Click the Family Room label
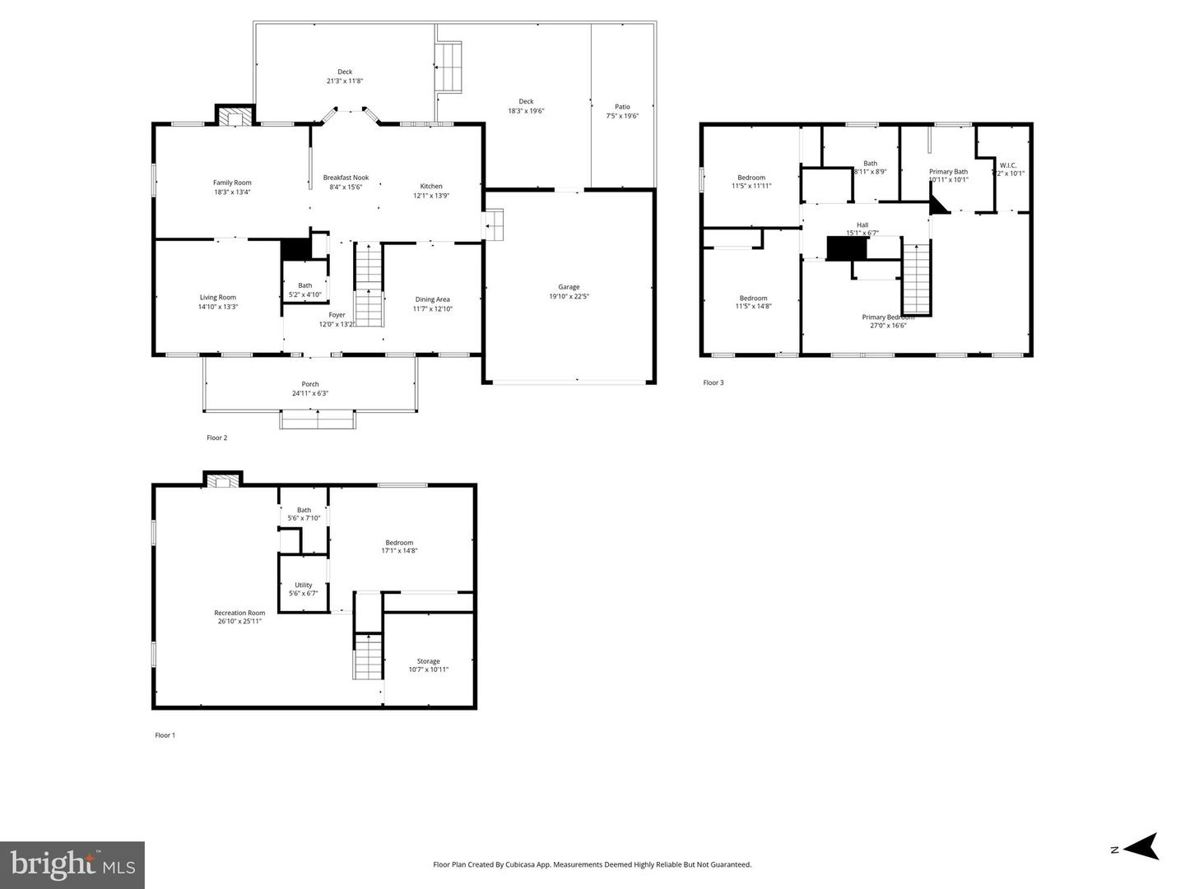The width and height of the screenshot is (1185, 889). tap(232, 183)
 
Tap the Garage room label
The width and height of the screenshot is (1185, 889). tap(569, 287)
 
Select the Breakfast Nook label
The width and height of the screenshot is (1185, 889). tap(346, 178)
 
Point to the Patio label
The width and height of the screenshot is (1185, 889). tap(622, 107)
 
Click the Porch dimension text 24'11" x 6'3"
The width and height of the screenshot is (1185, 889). tap(310, 393)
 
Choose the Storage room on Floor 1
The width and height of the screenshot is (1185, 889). tap(428, 664)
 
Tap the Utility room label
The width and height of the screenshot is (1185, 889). tap(303, 586)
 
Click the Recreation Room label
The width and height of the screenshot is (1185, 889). tap(239, 613)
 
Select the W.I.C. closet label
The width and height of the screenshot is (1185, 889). tap(1008, 165)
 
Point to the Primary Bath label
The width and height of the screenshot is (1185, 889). tap(948, 172)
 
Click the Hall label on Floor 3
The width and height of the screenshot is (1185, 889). tap(862, 225)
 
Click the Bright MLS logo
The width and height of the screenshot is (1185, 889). tap(72, 864)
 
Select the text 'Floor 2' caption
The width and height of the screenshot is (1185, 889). tap(216, 438)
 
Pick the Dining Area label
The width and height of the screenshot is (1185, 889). tap(432, 299)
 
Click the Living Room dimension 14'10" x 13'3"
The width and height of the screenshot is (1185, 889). tap(217, 307)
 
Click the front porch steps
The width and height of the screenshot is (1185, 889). tap(318, 419)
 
